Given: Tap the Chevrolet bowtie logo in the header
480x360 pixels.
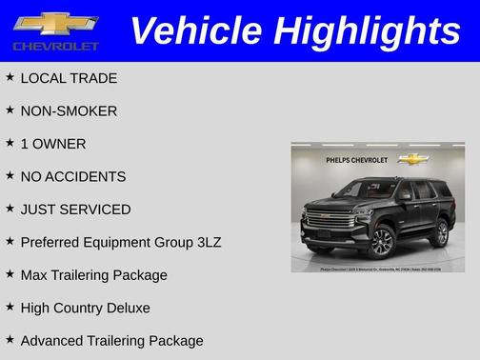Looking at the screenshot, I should (x=56, y=22).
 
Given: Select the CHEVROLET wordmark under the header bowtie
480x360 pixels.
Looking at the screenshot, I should (x=56, y=46).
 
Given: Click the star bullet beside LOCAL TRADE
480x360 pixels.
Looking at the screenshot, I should (x=10, y=77).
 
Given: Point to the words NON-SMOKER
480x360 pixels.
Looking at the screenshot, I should (x=69, y=110).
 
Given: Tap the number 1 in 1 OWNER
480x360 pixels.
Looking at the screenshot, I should (x=24, y=144).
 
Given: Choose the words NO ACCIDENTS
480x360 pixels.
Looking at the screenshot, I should (x=72, y=176).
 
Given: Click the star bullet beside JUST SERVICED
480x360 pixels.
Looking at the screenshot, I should (x=10, y=209).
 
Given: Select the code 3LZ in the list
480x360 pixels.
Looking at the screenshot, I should (x=206, y=242).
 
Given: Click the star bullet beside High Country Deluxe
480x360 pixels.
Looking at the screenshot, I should (x=10, y=307).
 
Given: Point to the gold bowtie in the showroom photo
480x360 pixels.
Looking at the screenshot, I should (x=412, y=159).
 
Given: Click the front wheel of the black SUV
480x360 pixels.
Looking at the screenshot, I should (x=381, y=242).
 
